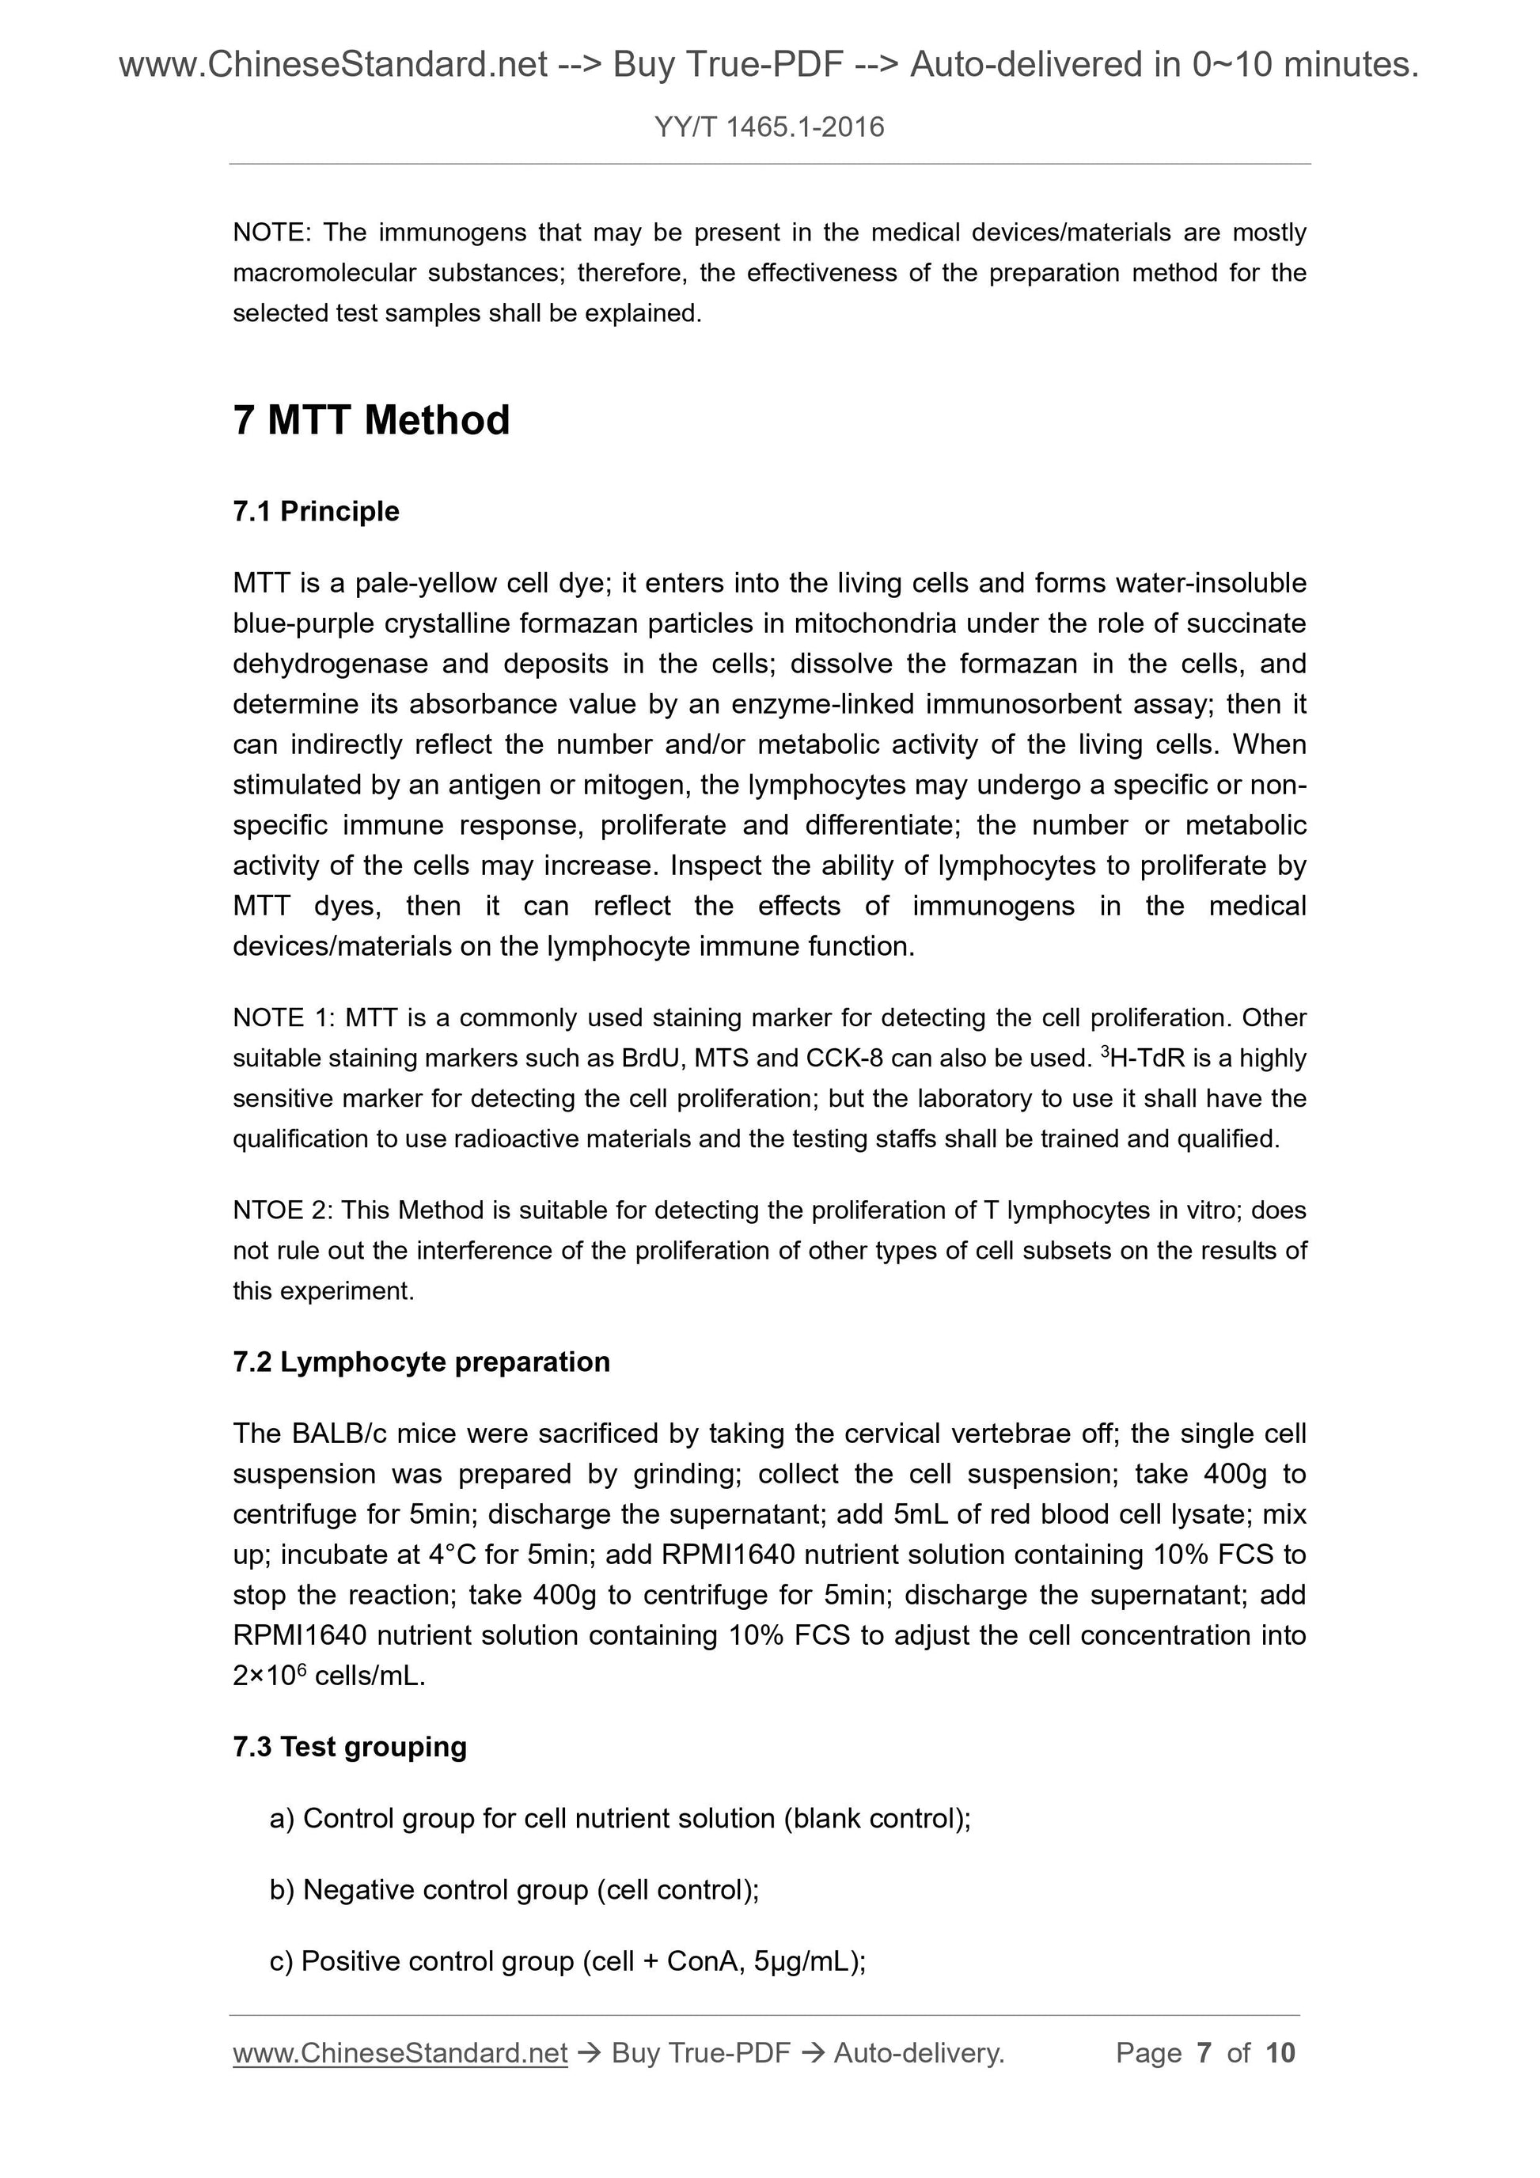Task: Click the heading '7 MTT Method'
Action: point(371,420)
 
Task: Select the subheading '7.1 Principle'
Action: point(316,511)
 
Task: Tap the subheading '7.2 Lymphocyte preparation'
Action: point(421,1362)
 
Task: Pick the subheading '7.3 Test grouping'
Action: point(349,1748)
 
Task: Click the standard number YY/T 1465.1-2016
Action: point(769,127)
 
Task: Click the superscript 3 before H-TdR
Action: point(1105,1051)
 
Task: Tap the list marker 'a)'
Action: point(282,1819)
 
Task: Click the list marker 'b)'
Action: point(282,1891)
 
